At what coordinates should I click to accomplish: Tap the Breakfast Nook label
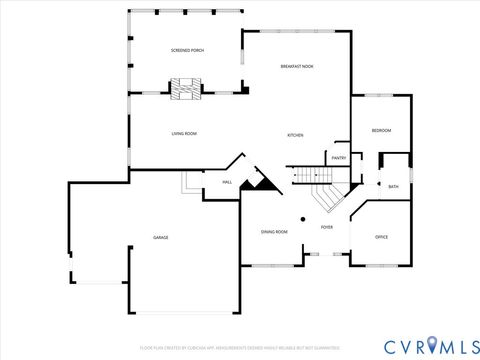(x=298, y=66)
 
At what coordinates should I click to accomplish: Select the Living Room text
(x=183, y=133)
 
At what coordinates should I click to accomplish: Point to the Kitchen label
(x=295, y=135)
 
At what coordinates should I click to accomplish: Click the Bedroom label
(x=381, y=131)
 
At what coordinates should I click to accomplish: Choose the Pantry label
(x=339, y=158)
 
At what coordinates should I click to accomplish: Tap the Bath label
(x=393, y=186)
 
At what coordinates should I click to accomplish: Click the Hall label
(x=227, y=182)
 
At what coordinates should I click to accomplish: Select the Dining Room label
(x=274, y=231)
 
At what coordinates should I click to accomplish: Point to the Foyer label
(x=326, y=227)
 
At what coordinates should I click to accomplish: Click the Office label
(x=381, y=237)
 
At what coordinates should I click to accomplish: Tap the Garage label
(x=160, y=237)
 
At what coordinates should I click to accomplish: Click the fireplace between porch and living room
(x=184, y=89)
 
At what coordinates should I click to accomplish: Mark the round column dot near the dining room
(x=302, y=219)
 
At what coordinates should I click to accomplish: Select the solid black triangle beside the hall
(x=263, y=180)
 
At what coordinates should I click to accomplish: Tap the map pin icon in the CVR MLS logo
(x=431, y=345)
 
